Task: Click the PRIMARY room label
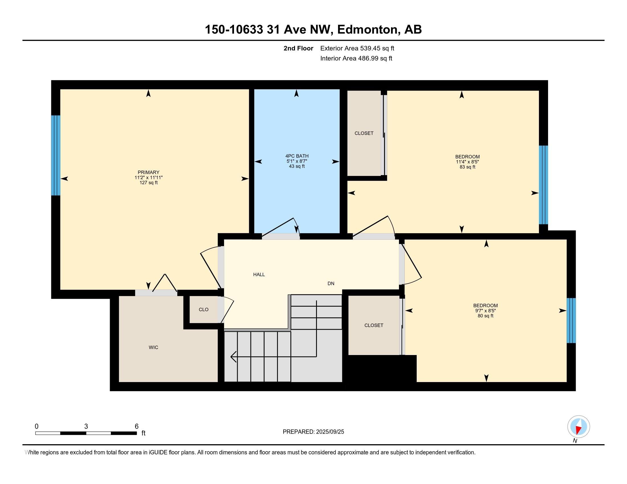point(148,172)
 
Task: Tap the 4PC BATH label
point(297,156)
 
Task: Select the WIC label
point(153,348)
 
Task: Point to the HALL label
point(259,275)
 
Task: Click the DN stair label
point(331,284)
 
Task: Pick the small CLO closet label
point(203,310)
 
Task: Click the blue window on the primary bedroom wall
point(56,155)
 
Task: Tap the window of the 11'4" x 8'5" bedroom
point(543,185)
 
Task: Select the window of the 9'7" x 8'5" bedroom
point(571,321)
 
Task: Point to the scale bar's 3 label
point(86,426)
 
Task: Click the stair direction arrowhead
point(233,357)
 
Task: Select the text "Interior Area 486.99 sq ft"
point(356,58)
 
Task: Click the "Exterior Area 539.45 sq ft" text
point(357,48)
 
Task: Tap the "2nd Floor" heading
point(298,48)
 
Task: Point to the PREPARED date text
point(313,432)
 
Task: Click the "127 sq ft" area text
point(148,183)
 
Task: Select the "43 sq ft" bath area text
point(297,166)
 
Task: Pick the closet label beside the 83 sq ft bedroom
point(364,133)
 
